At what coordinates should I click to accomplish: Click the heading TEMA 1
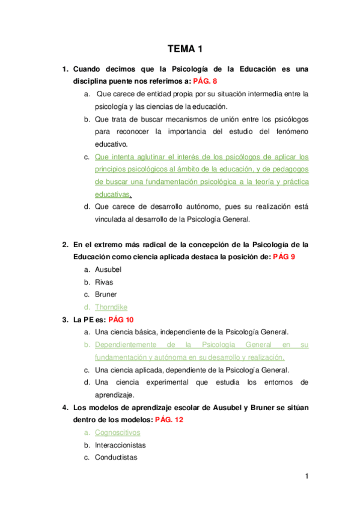click(x=184, y=51)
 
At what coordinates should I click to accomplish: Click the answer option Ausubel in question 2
click(x=108, y=269)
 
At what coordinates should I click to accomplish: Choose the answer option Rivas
click(x=104, y=282)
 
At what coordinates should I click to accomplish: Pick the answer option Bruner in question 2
click(x=106, y=295)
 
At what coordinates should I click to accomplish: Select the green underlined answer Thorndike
click(x=111, y=307)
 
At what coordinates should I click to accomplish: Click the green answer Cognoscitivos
click(x=118, y=432)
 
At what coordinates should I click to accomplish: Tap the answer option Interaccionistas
click(x=120, y=445)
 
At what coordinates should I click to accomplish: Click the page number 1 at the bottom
click(x=306, y=478)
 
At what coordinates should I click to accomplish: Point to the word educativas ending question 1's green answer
click(x=112, y=194)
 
